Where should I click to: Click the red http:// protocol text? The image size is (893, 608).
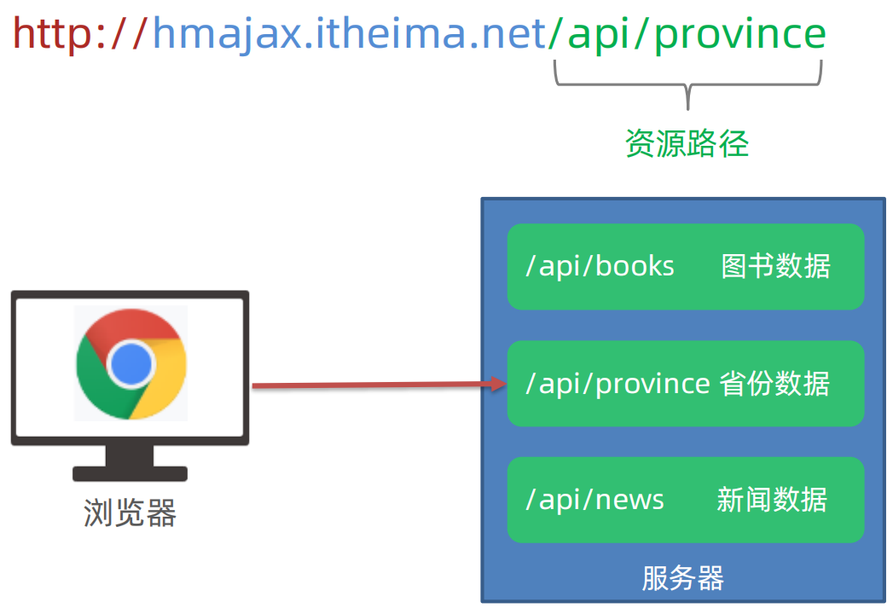coord(80,34)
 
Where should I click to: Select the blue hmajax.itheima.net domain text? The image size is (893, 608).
coord(349,34)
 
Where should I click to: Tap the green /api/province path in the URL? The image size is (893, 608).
coord(687,34)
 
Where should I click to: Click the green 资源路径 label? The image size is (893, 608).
coord(687,143)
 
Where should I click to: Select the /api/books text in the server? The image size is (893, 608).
coord(600,266)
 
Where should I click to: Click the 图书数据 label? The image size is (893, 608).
coord(774,266)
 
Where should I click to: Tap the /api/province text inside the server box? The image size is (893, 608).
coord(618,384)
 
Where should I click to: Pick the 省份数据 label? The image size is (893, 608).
coord(774,384)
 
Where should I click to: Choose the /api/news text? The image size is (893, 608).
coord(595,500)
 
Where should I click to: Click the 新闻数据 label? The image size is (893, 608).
coord(772,500)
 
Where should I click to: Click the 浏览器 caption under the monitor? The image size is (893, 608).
coord(130,513)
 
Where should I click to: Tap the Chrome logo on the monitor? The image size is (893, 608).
coord(130,364)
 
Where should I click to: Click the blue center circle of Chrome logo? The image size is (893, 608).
coord(130,364)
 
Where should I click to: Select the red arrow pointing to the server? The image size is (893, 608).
coord(375,386)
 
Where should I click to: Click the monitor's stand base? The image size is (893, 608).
coord(130,472)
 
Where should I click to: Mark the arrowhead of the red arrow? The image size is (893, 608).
coord(499,385)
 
